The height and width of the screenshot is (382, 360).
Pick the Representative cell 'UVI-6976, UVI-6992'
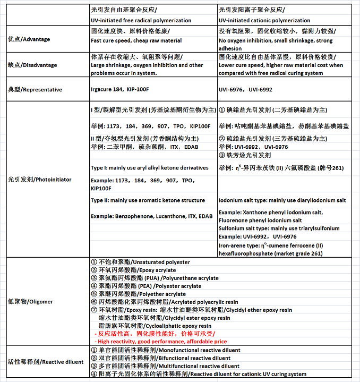pyautogui.click(x=245, y=90)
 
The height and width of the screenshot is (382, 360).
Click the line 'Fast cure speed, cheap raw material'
pyautogui.click(x=137, y=40)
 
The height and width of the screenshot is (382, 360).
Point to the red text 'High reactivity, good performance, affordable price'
pyautogui.click(x=161, y=342)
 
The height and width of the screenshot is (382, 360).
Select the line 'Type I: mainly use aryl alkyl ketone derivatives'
pyautogui.click(x=150, y=168)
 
